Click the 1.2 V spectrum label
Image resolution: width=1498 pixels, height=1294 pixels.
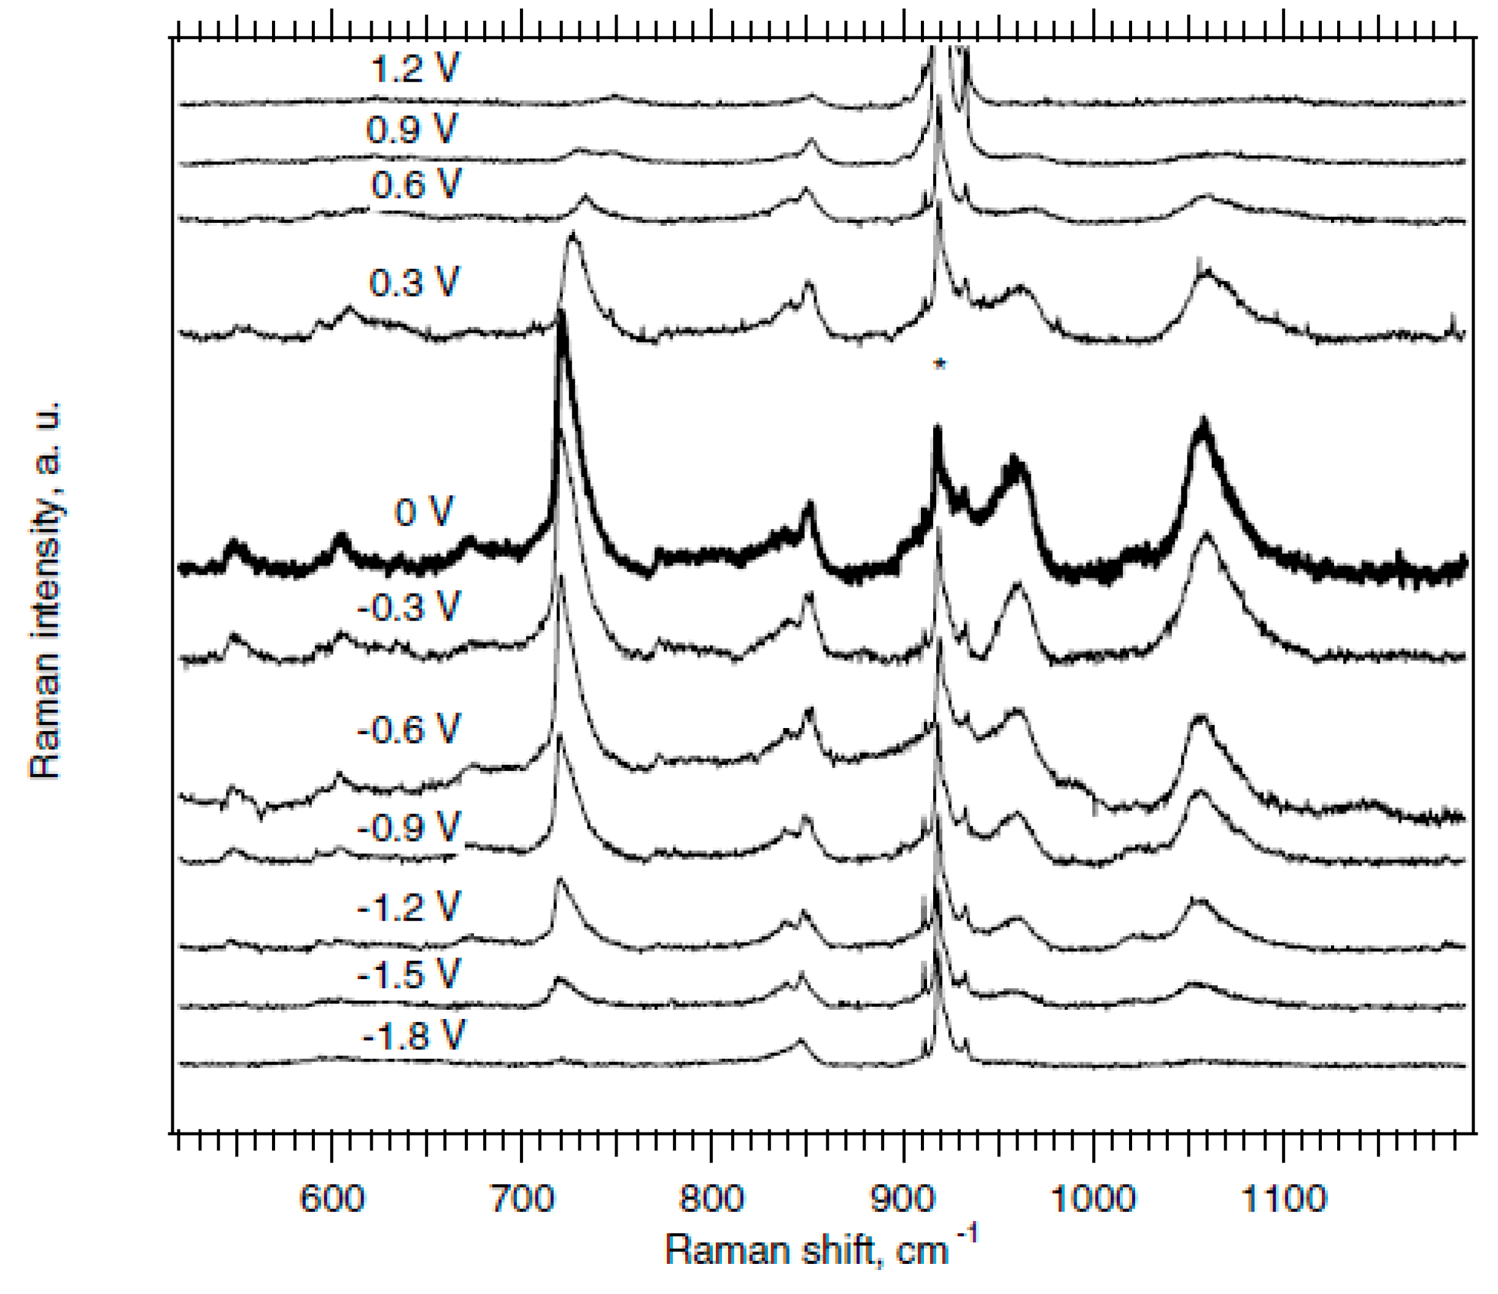[414, 71]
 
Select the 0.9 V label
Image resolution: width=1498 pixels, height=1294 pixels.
[411, 130]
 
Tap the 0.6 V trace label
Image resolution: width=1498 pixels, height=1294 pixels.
[415, 185]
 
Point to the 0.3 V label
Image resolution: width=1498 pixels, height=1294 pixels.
[414, 282]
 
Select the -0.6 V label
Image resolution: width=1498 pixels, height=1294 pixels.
[408, 729]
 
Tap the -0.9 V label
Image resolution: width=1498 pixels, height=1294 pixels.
[408, 826]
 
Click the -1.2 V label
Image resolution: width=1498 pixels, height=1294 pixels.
[408, 907]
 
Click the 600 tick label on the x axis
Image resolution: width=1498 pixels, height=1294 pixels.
[332, 1199]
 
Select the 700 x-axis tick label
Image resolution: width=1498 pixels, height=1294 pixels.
[522, 1199]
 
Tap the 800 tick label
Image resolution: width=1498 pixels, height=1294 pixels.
[712, 1199]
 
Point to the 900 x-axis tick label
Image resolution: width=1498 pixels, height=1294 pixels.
[902, 1199]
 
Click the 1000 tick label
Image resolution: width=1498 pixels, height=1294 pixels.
[1092, 1199]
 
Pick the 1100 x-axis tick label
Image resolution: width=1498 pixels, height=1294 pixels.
[1283, 1199]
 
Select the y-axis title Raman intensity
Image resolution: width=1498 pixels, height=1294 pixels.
[45, 589]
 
